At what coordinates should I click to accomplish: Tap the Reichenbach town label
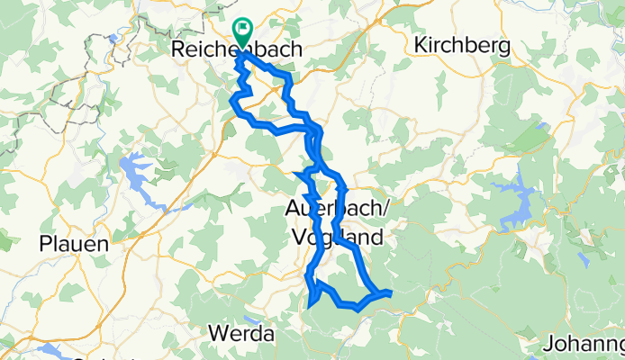point(236,51)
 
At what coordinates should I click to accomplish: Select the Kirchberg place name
point(462,45)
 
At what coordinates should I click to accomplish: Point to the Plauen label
point(74,244)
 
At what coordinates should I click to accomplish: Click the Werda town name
point(240,333)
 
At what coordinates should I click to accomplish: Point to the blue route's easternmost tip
point(391,292)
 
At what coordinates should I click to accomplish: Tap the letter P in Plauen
point(46,244)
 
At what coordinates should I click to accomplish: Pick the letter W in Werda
point(217,333)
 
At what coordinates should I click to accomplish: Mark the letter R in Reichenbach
point(177,51)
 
